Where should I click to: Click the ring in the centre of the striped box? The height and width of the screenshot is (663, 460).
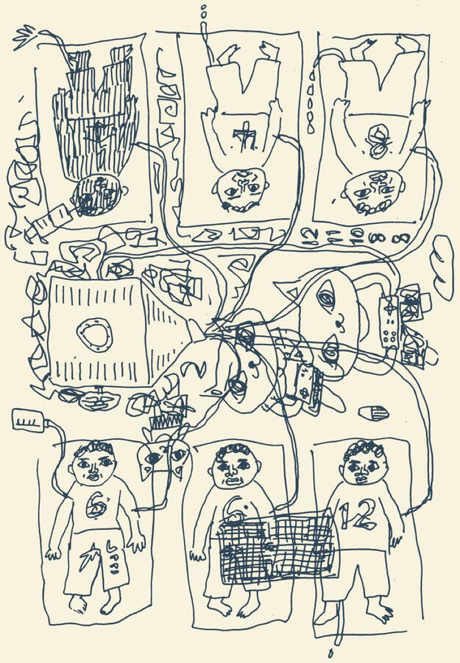pos(95,335)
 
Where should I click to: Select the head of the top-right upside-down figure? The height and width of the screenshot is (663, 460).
pos(374,190)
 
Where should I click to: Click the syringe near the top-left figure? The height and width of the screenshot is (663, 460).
pos(48,222)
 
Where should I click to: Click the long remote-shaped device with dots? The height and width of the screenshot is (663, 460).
pos(388,322)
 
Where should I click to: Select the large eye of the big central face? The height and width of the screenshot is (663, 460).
pos(326,298)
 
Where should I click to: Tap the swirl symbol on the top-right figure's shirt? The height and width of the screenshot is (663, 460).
pos(378,141)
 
